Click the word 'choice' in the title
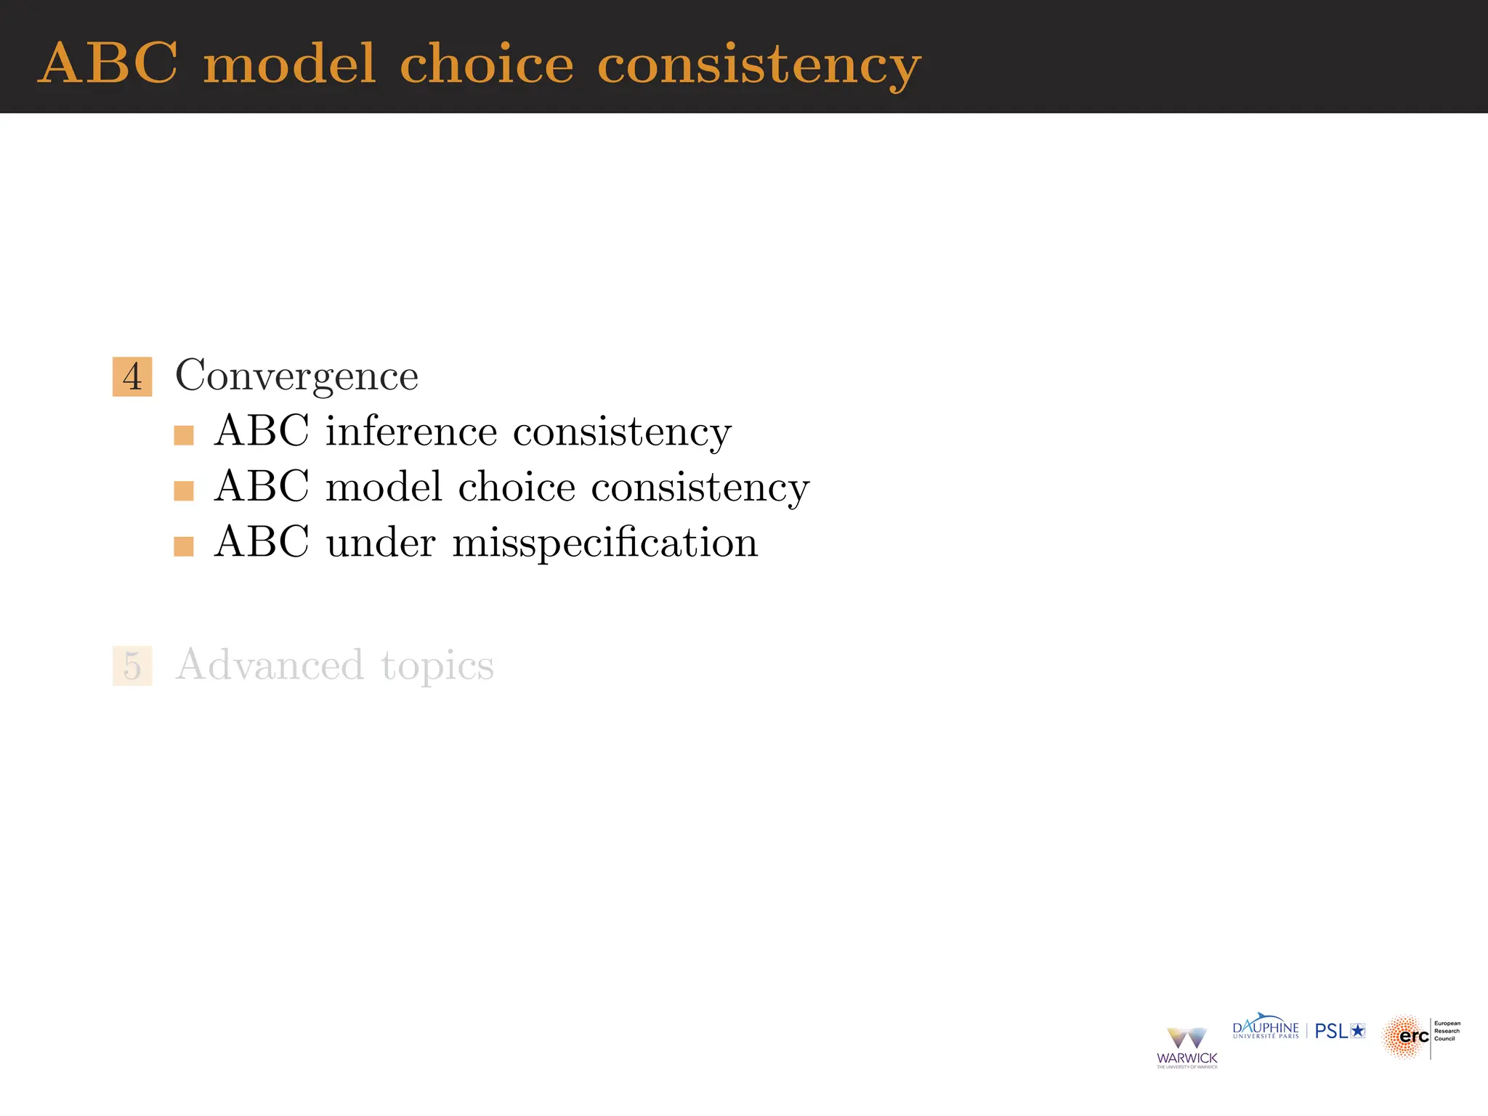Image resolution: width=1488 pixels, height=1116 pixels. [x=486, y=64]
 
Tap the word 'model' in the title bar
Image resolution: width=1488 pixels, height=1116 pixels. [x=289, y=64]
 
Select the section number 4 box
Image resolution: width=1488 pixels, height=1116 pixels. [x=132, y=376]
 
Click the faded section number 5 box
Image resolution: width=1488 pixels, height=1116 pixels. [x=132, y=666]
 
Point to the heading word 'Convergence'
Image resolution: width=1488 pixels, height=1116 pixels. [x=296, y=376]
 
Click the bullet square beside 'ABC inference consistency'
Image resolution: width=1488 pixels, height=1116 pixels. [x=184, y=435]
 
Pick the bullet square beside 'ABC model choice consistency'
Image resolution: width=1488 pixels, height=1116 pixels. [x=184, y=491]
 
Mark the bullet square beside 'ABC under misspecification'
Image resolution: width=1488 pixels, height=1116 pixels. [x=184, y=546]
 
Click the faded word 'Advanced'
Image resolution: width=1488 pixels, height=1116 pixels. [x=270, y=665]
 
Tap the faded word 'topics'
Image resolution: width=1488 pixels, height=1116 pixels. [x=437, y=666]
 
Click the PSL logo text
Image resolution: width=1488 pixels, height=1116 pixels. [x=1339, y=1031]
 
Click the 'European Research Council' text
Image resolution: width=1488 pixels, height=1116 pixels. [x=1447, y=1031]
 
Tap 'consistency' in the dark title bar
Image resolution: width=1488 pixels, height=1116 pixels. [x=759, y=65]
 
